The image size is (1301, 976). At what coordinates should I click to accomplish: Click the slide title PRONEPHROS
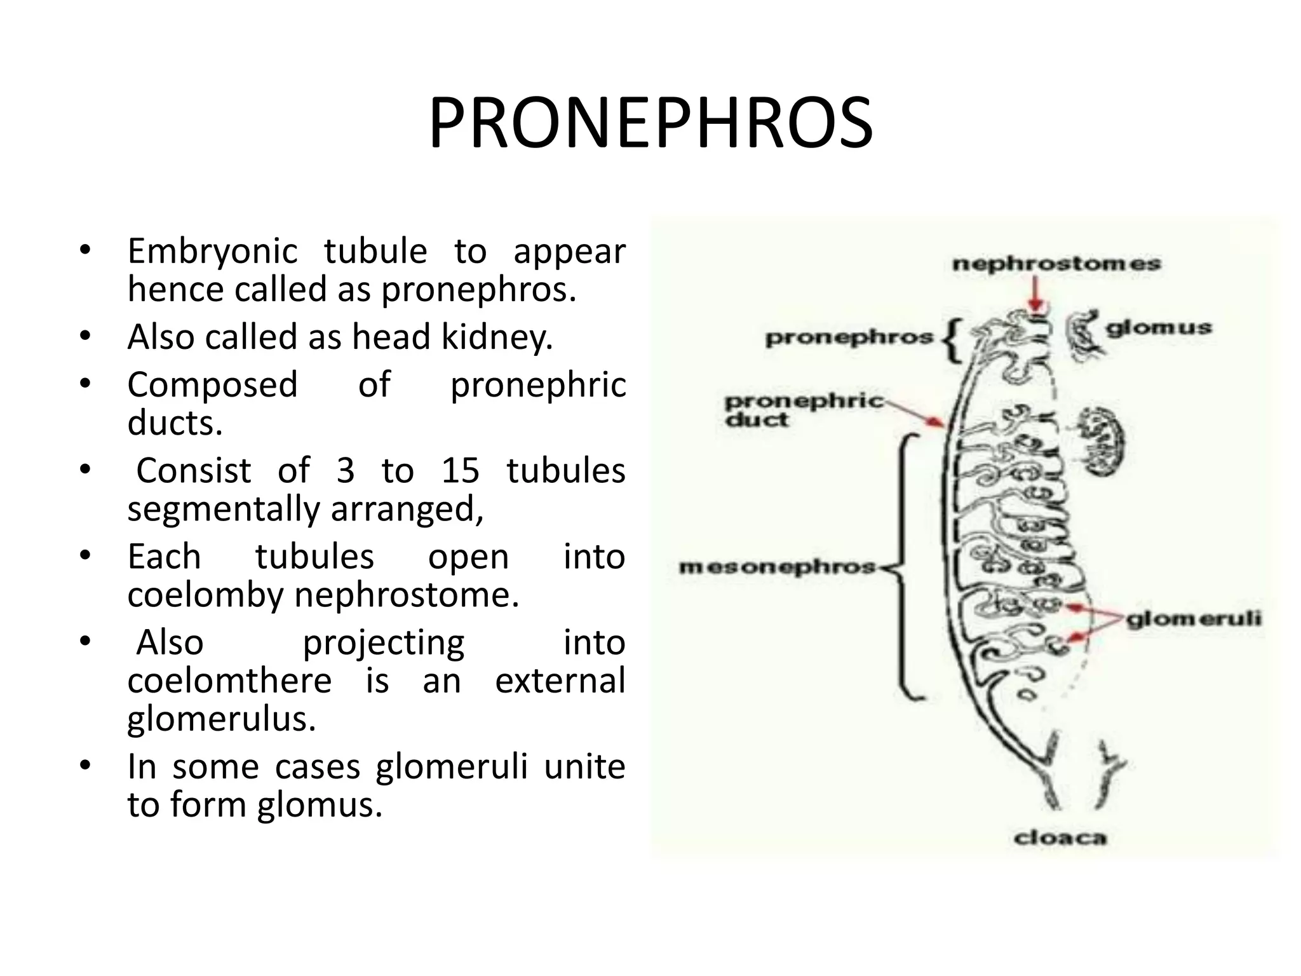click(x=650, y=123)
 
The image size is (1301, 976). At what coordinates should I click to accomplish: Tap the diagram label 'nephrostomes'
click(x=1056, y=264)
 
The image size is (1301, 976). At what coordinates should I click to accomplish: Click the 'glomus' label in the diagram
click(x=1159, y=328)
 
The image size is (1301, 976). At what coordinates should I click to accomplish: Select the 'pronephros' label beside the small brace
click(x=849, y=337)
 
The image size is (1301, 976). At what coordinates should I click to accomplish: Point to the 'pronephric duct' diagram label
click(x=804, y=410)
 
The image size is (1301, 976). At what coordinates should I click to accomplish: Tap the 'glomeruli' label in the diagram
click(x=1194, y=618)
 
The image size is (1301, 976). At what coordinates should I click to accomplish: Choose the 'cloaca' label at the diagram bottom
click(x=1060, y=838)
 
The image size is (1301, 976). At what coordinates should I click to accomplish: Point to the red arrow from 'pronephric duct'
click(x=915, y=413)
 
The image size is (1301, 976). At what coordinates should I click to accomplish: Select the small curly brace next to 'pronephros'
click(x=952, y=340)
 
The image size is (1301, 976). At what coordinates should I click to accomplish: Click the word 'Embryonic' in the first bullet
click(x=212, y=252)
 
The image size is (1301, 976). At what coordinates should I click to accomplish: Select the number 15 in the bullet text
click(x=460, y=471)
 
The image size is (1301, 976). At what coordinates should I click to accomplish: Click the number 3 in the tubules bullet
click(x=345, y=471)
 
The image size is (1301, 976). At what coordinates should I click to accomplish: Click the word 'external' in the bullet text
click(x=560, y=681)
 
